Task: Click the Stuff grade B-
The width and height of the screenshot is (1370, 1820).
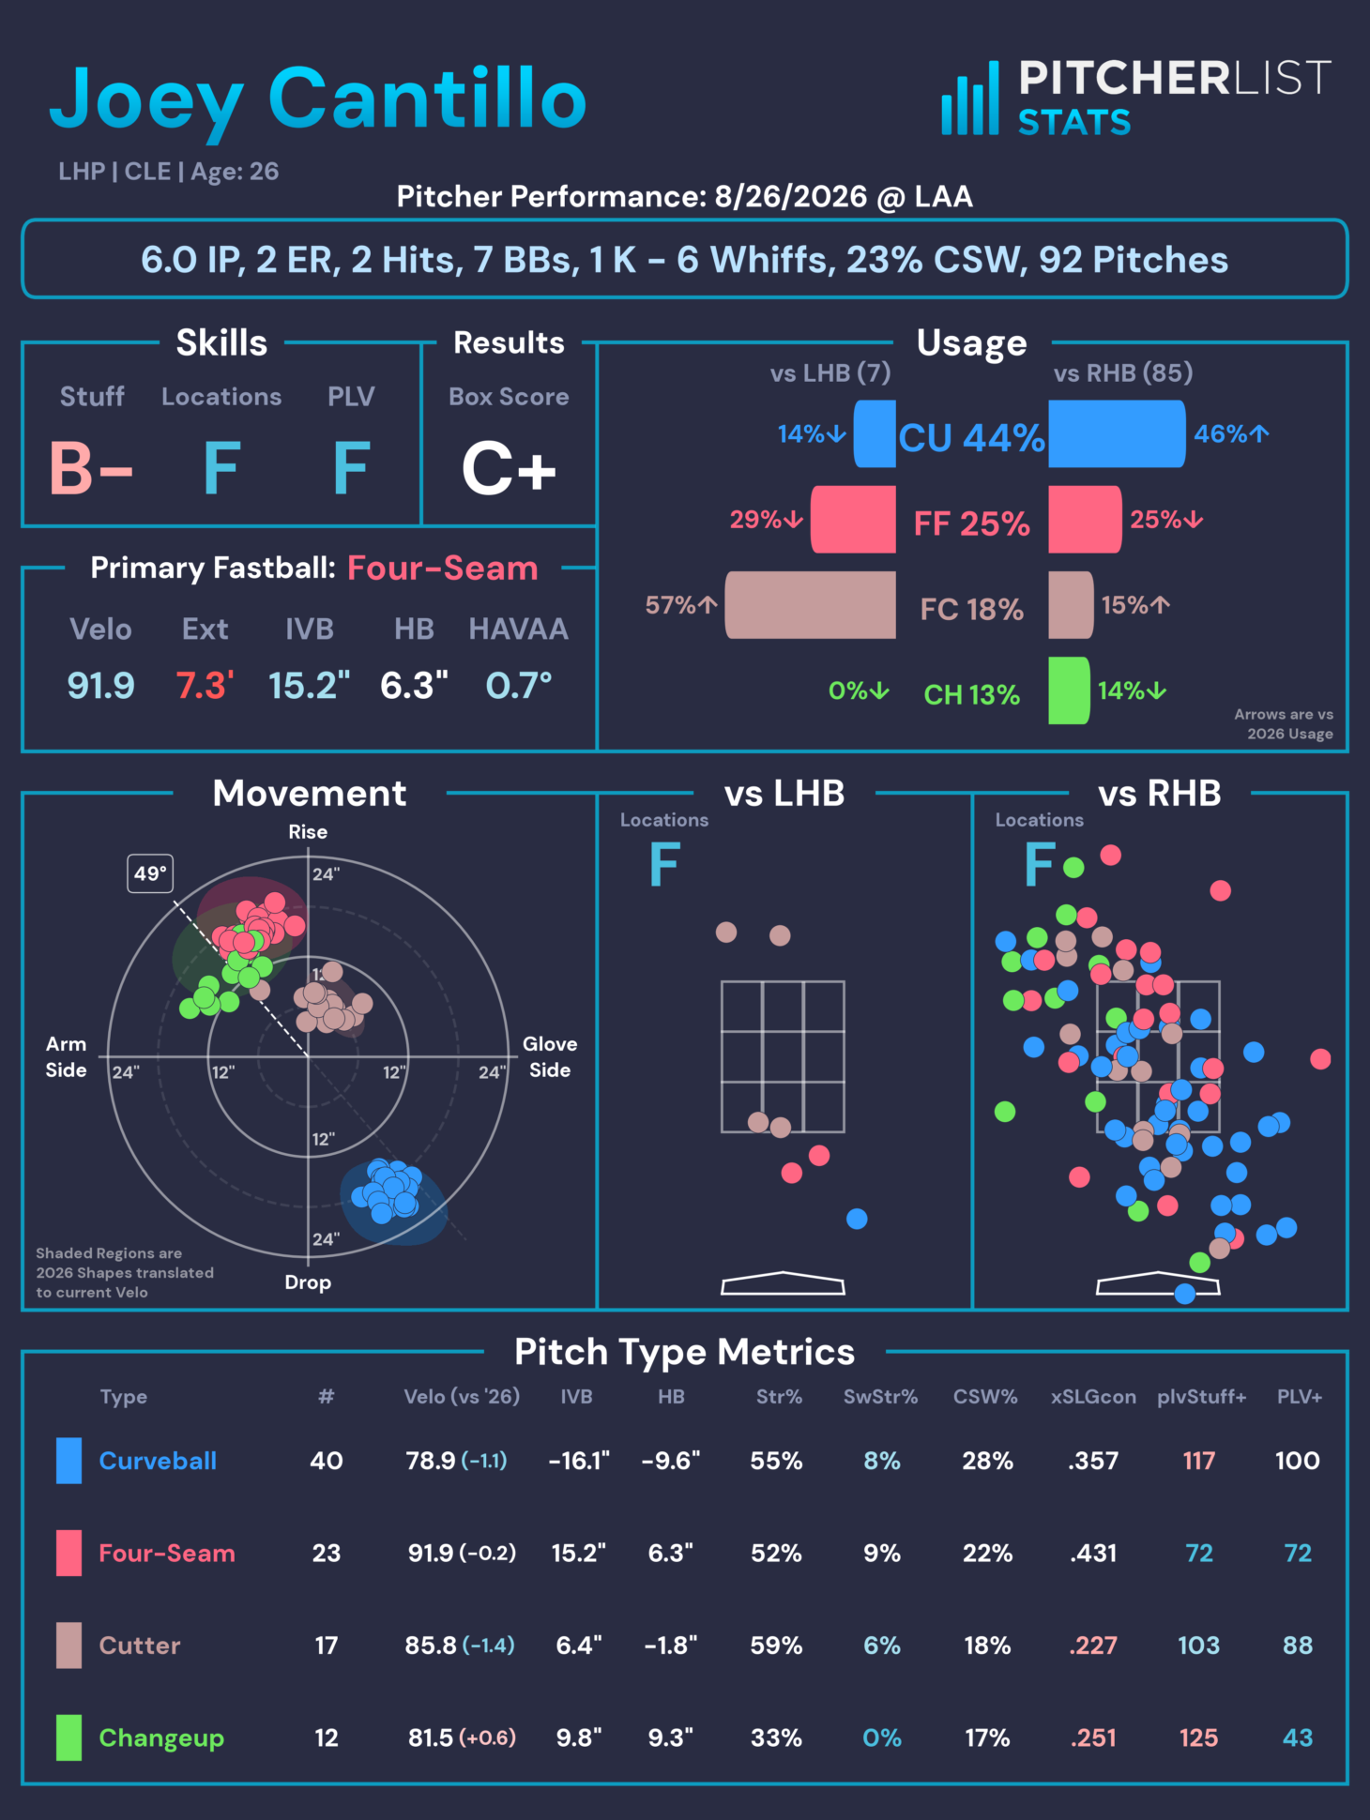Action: (x=91, y=468)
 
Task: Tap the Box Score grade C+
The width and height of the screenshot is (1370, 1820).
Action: (x=510, y=468)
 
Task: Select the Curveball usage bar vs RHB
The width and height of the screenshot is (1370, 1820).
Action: (x=1117, y=433)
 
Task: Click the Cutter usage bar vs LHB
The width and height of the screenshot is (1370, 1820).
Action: (x=811, y=605)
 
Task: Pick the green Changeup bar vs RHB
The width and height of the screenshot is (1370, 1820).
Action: (x=1069, y=690)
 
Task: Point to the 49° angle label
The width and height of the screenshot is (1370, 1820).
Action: (x=150, y=873)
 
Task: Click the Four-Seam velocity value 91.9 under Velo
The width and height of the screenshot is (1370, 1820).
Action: (x=100, y=686)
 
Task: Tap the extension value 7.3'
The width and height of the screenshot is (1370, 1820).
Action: (x=205, y=686)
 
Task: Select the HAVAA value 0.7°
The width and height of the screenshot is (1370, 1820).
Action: (x=519, y=686)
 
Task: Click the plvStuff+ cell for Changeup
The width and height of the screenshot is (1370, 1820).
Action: (x=1198, y=1737)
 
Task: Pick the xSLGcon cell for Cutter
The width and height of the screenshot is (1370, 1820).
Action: (x=1093, y=1646)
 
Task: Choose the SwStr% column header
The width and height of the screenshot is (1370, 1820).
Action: (x=880, y=1397)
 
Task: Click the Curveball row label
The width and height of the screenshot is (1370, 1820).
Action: (x=158, y=1461)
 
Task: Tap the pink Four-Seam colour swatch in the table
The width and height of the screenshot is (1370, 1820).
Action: (x=68, y=1553)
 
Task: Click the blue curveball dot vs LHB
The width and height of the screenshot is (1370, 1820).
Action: (x=857, y=1219)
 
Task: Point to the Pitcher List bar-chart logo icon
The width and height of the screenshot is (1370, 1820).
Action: (x=970, y=99)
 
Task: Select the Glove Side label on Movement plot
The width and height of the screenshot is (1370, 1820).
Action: (x=550, y=1056)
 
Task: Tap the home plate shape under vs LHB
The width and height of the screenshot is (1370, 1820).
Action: (x=783, y=1283)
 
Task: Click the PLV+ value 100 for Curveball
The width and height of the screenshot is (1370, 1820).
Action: (x=1298, y=1461)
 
